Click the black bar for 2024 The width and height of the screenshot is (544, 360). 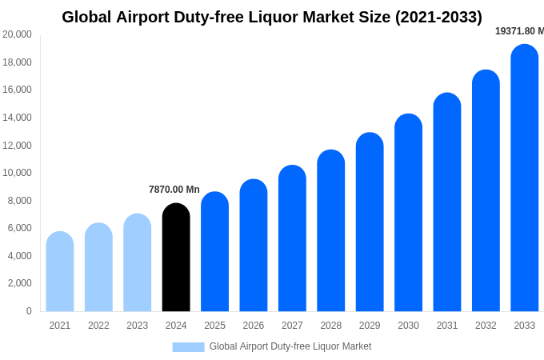tap(176, 258)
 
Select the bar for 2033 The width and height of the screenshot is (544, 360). tap(525, 178)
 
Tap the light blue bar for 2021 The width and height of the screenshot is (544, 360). tap(60, 272)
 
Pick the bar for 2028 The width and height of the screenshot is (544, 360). tap(330, 231)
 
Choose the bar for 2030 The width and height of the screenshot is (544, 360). tap(408, 213)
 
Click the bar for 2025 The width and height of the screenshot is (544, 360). tap(214, 252)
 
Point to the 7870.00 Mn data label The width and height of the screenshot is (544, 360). tap(174, 190)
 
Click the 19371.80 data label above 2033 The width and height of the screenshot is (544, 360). tap(519, 31)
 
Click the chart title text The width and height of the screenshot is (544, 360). tap(272, 17)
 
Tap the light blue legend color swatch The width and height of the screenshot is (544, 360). tap(188, 346)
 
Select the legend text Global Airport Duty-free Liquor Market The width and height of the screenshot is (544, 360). tap(290, 346)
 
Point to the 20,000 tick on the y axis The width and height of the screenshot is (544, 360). tap(17, 34)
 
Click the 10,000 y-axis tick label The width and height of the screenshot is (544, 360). tap(17, 173)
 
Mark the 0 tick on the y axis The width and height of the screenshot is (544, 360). tap(29, 311)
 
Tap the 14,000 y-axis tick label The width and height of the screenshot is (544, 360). tap(17, 118)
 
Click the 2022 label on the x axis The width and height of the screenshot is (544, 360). tap(98, 326)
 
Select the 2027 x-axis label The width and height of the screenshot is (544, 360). tap(292, 326)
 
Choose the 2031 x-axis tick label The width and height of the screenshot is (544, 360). tap(447, 326)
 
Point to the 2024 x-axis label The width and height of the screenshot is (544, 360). tap(176, 326)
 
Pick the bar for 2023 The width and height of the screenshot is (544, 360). tap(138, 263)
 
